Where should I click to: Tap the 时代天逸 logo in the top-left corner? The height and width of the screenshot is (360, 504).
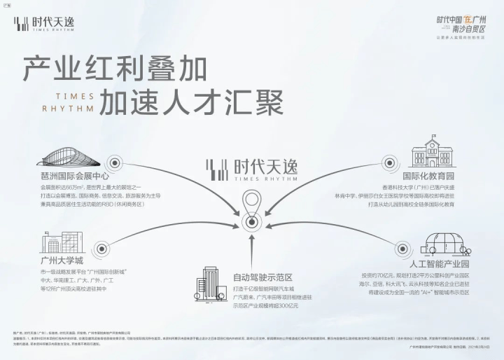(x=43, y=22)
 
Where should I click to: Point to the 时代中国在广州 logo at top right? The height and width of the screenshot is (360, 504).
(x=461, y=25)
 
